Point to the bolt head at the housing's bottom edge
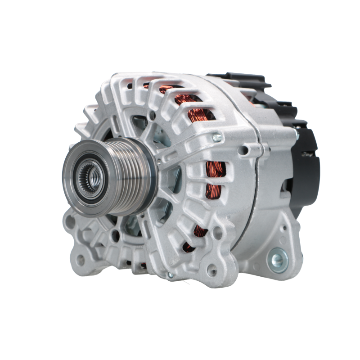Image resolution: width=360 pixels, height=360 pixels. [x=170, y=275]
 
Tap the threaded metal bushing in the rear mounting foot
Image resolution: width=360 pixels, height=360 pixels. [x=277, y=259]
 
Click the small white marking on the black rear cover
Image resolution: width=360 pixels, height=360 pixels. [x=309, y=154]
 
